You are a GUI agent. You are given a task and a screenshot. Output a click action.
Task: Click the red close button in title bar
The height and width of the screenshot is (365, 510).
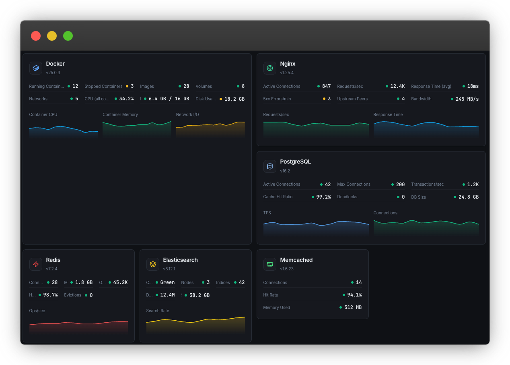(36, 36)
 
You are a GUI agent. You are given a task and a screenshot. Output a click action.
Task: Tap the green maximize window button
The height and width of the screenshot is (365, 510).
(68, 36)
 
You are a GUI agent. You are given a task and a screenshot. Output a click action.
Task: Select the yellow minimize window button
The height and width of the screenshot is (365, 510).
(52, 36)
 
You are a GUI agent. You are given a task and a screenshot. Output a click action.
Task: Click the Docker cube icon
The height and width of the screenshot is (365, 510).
(36, 68)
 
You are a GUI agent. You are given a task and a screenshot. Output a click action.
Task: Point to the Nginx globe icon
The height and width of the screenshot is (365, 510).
(270, 68)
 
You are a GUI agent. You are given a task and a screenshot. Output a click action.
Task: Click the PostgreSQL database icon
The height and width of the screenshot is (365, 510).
(270, 166)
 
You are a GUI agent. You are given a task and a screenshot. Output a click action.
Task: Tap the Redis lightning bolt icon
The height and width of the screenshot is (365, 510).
(36, 264)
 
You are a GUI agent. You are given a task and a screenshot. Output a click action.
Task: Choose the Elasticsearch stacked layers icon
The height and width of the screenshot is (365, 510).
(153, 264)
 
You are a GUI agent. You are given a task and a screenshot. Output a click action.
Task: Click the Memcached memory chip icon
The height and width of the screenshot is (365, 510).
(270, 264)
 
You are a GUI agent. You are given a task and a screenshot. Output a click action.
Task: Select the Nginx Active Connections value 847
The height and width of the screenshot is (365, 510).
(326, 86)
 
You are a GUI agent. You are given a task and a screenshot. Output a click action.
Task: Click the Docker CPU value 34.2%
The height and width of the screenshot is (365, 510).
(126, 99)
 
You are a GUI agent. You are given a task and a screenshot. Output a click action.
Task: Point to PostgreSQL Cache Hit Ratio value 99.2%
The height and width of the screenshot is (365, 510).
(323, 197)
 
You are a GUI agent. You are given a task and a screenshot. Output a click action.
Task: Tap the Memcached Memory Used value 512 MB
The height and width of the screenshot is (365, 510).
(353, 307)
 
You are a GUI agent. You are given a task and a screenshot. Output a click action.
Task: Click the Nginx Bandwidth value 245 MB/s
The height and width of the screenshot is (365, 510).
(467, 99)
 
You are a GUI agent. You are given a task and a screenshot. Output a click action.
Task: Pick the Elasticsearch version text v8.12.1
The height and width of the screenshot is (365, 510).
(169, 269)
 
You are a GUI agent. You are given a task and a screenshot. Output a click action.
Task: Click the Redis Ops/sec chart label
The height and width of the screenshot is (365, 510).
(37, 311)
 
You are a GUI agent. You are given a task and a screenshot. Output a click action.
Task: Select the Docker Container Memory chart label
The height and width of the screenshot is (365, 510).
(120, 114)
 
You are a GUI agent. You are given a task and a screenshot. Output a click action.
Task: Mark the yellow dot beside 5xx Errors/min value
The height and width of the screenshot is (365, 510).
(324, 99)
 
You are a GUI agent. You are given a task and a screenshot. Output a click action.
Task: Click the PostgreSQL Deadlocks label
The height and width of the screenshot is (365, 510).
(347, 197)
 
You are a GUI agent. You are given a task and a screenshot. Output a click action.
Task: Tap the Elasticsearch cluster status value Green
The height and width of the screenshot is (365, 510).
(167, 282)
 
